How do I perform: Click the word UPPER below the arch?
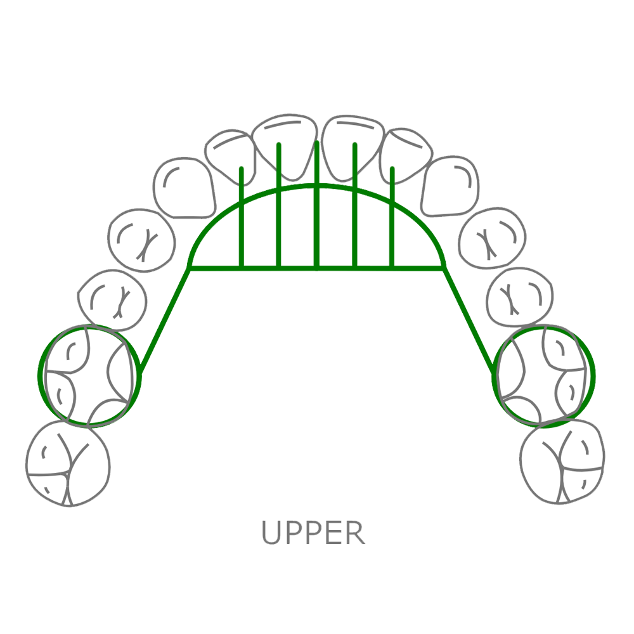point(314,533)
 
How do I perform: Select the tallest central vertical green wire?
point(316,190)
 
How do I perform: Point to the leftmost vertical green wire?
point(241,209)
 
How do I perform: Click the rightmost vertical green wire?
point(392,209)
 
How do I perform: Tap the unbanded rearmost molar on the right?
point(562,463)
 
